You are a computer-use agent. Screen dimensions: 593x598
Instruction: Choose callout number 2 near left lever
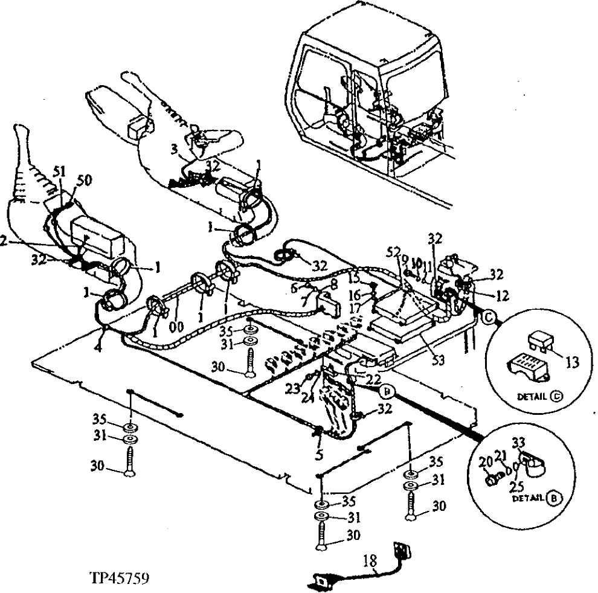tap(4, 240)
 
